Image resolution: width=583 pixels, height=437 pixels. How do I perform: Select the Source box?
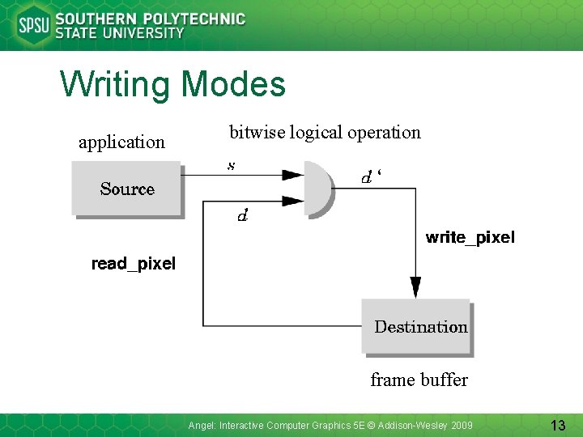(x=127, y=189)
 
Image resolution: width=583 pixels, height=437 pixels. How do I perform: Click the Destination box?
(x=416, y=327)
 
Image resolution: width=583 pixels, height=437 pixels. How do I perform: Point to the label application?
(x=121, y=142)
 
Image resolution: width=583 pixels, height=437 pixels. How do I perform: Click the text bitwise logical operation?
(x=325, y=132)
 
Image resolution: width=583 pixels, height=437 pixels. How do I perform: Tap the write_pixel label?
(x=470, y=237)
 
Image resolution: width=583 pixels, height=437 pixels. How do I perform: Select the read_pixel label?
(x=133, y=263)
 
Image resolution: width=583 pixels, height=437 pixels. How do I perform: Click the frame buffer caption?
(x=419, y=380)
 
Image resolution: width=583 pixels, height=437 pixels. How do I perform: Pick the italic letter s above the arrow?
(x=232, y=166)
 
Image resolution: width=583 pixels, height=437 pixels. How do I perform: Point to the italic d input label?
(x=241, y=216)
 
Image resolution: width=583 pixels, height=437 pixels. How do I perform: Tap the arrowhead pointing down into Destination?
(x=415, y=287)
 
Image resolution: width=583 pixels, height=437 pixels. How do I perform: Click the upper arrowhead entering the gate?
(x=291, y=174)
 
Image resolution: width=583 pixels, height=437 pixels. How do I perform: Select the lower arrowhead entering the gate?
(x=291, y=201)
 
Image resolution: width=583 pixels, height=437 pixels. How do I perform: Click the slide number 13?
(x=557, y=425)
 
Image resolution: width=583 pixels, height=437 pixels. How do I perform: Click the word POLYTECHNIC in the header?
(x=192, y=19)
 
